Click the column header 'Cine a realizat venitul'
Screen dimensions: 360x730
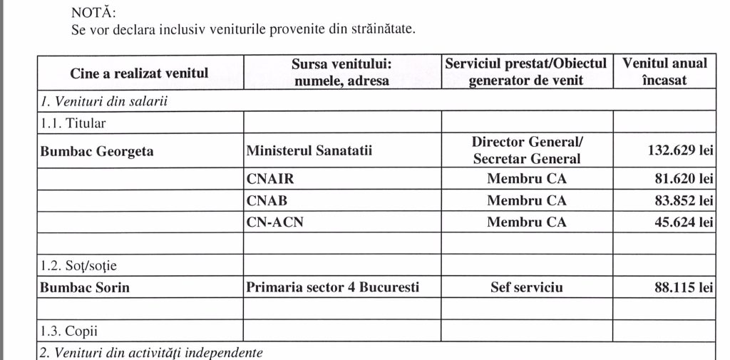(139, 73)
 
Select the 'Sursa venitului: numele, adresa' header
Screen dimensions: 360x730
(342, 72)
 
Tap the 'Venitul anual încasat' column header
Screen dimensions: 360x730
(664, 71)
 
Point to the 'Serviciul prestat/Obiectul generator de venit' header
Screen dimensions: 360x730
(526, 72)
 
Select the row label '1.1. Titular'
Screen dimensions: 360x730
(73, 123)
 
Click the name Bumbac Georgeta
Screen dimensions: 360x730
(97, 151)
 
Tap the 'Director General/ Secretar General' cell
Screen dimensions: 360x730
(526, 151)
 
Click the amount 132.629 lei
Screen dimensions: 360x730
(678, 151)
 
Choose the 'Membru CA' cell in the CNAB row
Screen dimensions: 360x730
(526, 201)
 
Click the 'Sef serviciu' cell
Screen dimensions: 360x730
(526, 288)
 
